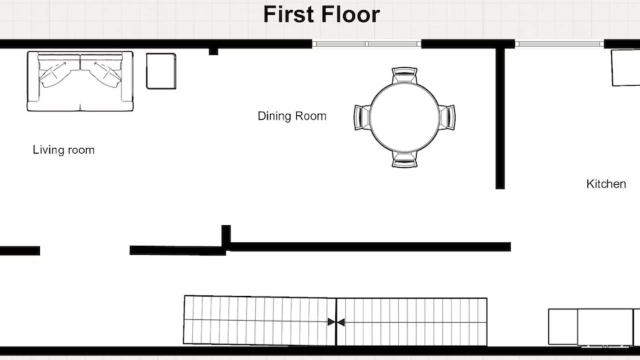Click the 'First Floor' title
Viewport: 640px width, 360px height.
click(321, 14)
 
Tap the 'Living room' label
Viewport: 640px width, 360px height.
click(63, 150)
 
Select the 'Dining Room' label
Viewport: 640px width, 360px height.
click(292, 116)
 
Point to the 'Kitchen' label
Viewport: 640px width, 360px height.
click(606, 184)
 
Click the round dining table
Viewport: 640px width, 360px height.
click(404, 117)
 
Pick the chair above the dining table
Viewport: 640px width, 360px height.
click(404, 75)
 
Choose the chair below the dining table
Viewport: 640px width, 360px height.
click(404, 159)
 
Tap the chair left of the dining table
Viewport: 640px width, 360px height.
click(362, 117)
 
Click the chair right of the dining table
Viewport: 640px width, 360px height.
click(447, 117)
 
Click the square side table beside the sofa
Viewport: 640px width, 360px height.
click(161, 71)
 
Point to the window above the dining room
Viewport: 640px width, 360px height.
click(366, 44)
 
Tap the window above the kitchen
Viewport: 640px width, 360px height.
click(559, 44)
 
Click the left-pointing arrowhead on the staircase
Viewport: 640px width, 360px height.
click(341, 322)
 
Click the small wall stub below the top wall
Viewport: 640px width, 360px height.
click(213, 51)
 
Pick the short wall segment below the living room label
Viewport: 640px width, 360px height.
click(20, 250)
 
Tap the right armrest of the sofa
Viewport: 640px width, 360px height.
click(127, 76)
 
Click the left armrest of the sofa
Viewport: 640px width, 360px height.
click(33, 76)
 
